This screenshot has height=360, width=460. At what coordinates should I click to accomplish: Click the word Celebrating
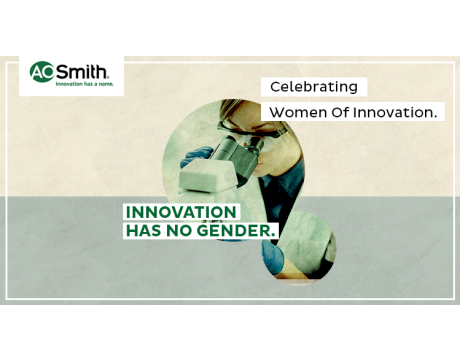pos(314,87)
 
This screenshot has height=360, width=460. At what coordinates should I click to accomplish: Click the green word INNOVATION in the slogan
pos(180,212)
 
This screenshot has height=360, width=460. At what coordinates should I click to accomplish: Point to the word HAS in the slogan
pos(144,230)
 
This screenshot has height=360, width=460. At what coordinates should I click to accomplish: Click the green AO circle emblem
pos(42,71)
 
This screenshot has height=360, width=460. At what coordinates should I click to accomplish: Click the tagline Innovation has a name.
pos(82,85)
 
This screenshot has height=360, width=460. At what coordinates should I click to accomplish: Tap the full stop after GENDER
pos(273,235)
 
